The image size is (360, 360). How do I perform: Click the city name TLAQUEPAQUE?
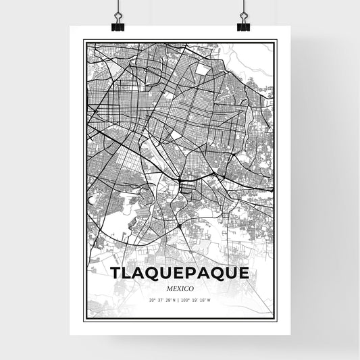pos(179,273)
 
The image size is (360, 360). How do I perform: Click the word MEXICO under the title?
pos(179,287)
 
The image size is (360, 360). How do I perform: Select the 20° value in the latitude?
pos(152,300)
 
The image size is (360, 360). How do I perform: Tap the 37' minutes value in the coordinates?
pos(160,300)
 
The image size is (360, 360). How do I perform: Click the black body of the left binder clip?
pos(118,26)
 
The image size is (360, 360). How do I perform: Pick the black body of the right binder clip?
pos(242,26)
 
